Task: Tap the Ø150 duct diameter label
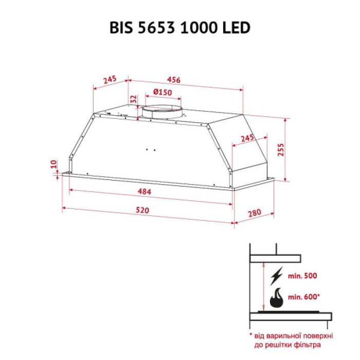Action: pyautogui.click(x=163, y=93)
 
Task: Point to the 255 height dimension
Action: pyautogui.click(x=281, y=149)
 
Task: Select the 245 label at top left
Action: pyautogui.click(x=109, y=80)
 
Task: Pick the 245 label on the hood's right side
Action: pyautogui.click(x=247, y=138)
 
